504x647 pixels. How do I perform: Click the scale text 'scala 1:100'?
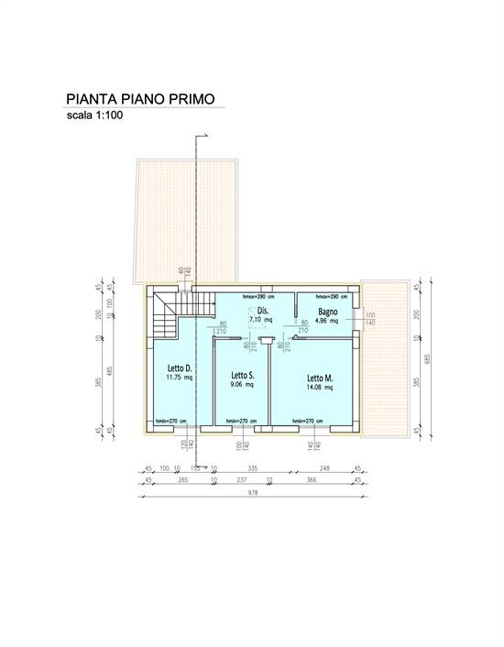pos(94,116)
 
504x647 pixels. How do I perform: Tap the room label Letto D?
pos(179,368)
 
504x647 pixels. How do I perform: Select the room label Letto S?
pos(242,375)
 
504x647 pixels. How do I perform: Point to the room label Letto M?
pos(319,378)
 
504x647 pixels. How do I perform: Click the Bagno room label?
pos(327,313)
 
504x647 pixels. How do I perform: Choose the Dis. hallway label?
pos(263,312)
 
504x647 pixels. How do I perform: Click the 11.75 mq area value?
pos(178,378)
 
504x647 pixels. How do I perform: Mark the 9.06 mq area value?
pos(242,385)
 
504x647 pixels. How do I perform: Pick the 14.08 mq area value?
pos(319,388)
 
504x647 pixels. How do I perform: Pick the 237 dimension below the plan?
pos(242,479)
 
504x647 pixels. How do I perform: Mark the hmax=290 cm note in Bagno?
pos(332,297)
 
